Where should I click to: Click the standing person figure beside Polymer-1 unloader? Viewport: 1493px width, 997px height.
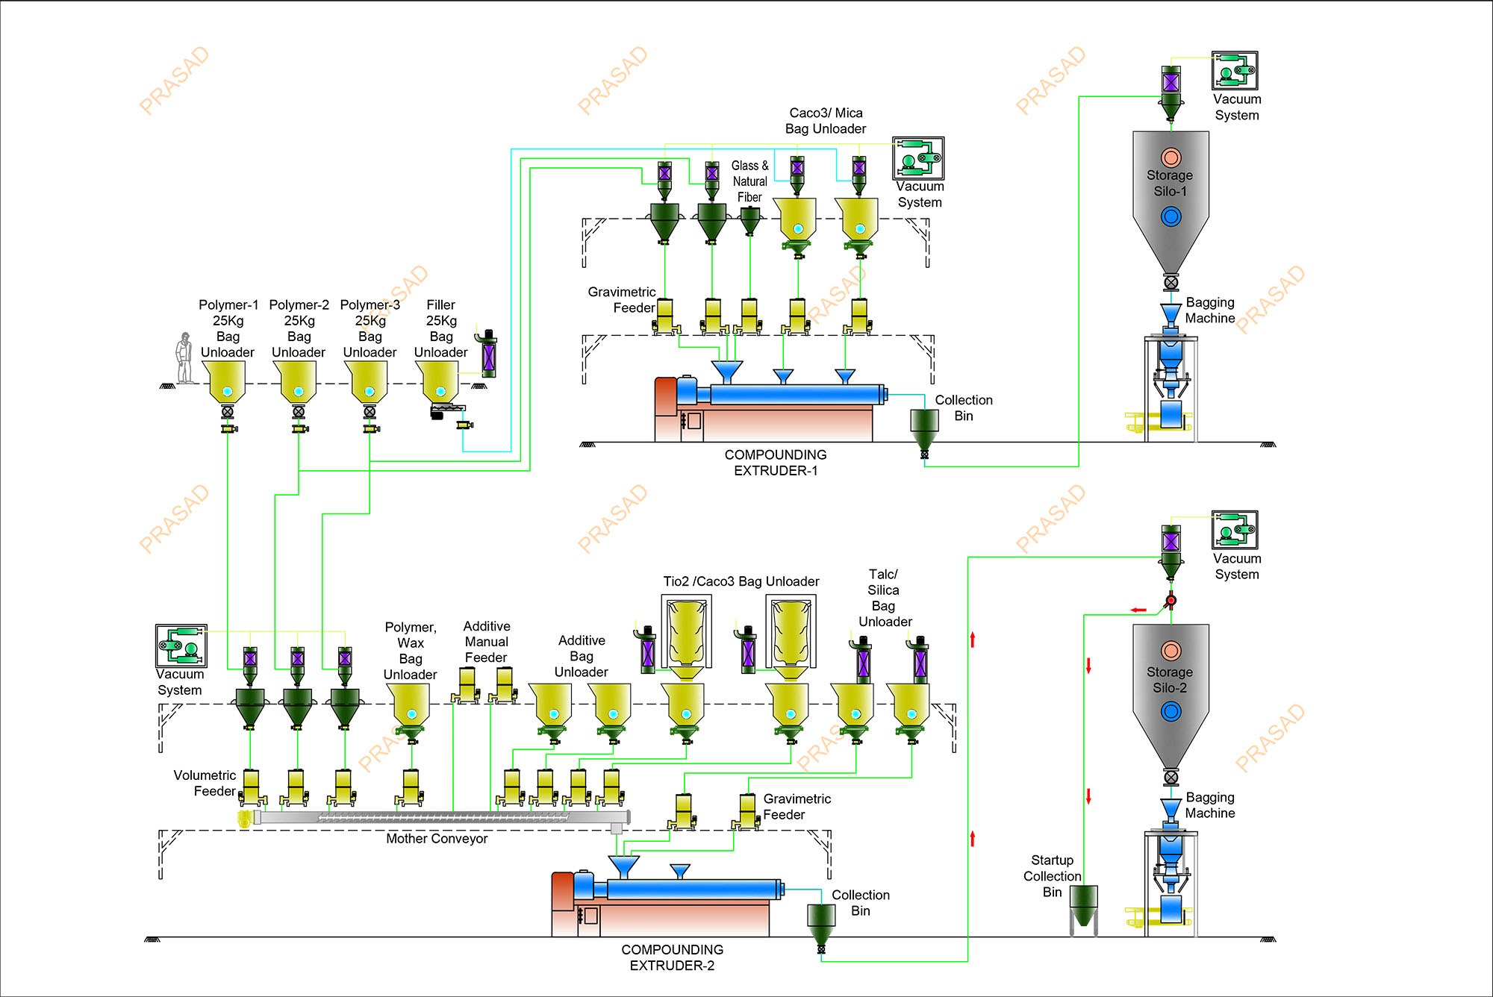(184, 359)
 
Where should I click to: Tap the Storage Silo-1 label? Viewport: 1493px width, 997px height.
(1170, 183)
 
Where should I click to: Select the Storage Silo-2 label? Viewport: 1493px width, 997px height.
(1170, 680)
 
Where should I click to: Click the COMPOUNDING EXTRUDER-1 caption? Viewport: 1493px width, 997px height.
(776, 463)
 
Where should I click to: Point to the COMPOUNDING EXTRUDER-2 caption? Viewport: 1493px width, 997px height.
(672, 957)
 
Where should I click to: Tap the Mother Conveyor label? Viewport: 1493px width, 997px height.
(437, 839)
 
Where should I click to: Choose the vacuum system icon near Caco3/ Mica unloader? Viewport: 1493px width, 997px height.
(919, 158)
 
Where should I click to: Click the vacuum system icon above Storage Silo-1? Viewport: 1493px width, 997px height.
(1235, 71)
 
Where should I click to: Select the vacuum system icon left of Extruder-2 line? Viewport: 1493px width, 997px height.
(181, 646)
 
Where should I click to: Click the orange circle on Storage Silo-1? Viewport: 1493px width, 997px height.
(1171, 157)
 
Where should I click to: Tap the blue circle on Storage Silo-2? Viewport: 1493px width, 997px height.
(1171, 712)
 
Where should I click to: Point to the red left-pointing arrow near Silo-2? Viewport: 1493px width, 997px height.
(1138, 610)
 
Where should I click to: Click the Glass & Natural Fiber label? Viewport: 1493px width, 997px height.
(749, 181)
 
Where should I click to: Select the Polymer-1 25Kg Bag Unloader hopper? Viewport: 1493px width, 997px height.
(227, 381)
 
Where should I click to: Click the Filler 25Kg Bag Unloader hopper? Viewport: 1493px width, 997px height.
(440, 381)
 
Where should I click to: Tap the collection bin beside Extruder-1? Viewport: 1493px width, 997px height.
(924, 426)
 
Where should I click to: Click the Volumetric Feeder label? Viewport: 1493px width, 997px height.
(205, 784)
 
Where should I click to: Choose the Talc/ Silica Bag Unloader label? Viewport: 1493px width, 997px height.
(885, 598)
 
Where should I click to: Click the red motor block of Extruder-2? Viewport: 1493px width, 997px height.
(562, 891)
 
